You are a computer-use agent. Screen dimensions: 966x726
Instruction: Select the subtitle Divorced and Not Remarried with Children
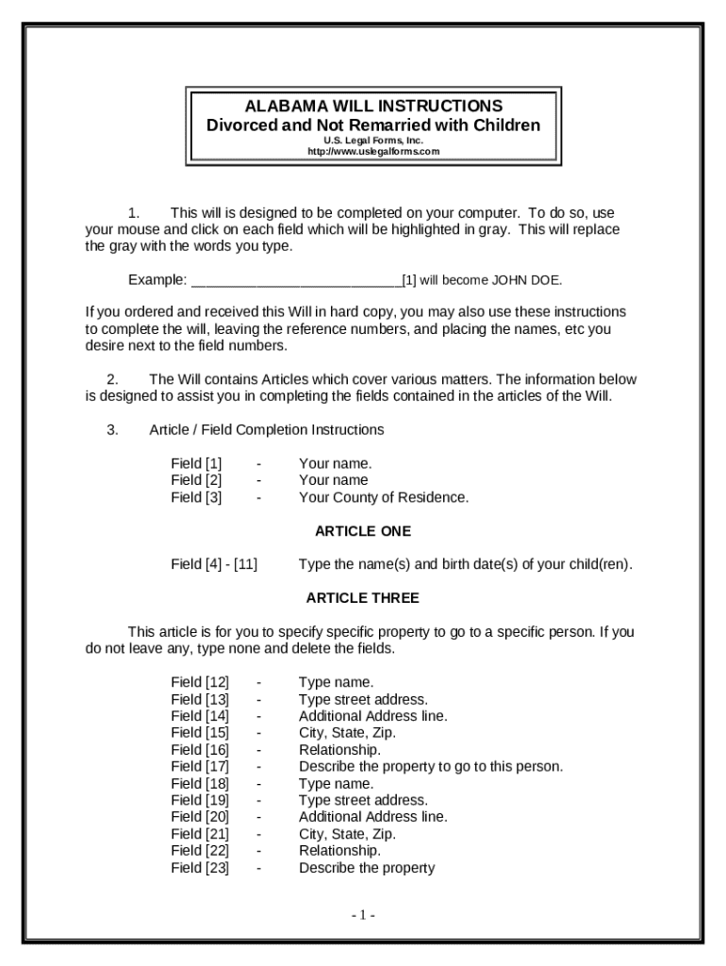coord(373,125)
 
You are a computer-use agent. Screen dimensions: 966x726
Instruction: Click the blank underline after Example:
coord(296,280)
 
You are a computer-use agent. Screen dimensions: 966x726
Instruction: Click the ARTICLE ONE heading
coord(363,531)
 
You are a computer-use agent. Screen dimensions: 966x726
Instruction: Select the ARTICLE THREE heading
coord(363,598)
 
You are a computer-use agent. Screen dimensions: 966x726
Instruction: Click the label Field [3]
coord(196,497)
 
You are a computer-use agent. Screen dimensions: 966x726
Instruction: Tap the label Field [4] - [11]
coord(214,564)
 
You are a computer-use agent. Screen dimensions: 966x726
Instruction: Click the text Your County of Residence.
coord(384,497)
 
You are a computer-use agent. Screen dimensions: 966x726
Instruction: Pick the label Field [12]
coord(200,682)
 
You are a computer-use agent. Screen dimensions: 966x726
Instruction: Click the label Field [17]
coord(200,766)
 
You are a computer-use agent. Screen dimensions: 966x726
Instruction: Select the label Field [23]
coord(200,868)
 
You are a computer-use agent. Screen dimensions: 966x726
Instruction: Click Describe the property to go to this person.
coord(431,766)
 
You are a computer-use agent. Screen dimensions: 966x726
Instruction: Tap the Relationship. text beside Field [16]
coord(340,750)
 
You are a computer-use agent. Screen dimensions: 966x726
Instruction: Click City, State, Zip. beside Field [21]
coord(348,834)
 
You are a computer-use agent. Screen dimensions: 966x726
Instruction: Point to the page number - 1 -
coord(364,915)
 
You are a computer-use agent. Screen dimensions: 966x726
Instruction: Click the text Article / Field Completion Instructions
coord(267,430)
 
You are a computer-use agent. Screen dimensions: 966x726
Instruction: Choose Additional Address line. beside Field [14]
coord(373,716)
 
